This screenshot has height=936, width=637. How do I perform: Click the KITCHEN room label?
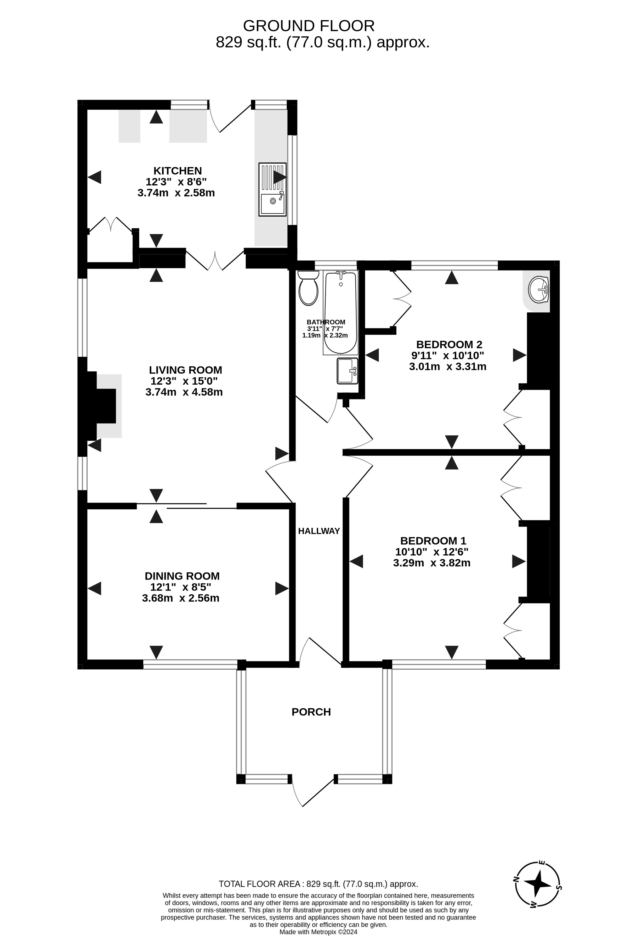click(x=178, y=171)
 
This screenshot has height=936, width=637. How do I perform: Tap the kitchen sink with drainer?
click(x=272, y=189)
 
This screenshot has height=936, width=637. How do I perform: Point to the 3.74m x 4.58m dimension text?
click(x=184, y=392)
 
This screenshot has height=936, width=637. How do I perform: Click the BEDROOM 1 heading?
click(x=433, y=540)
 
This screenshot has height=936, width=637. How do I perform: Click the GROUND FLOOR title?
click(x=309, y=26)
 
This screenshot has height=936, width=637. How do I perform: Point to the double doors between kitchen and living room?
click(x=215, y=261)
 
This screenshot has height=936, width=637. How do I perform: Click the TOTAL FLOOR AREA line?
click(x=318, y=884)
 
